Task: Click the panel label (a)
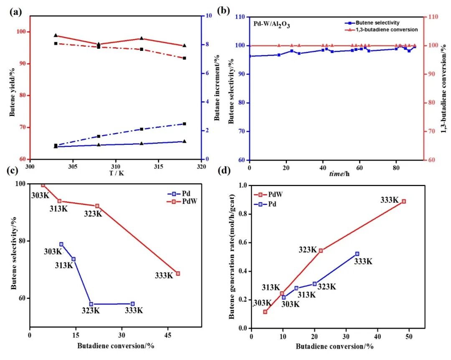coord(16,12)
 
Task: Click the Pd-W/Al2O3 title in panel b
coord(271,24)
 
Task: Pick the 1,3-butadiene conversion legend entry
coord(380,30)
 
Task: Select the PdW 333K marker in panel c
coord(178,274)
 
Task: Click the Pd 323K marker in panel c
coord(91,304)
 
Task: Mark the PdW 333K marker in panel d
coord(404,201)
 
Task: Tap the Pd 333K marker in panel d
coord(357,254)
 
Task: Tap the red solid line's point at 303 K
coord(56,35)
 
